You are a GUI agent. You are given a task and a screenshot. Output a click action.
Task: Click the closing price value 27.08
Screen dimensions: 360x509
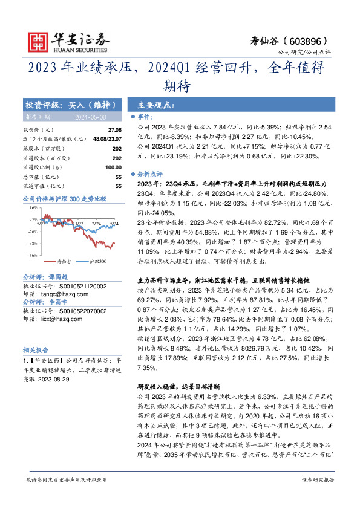click(114, 130)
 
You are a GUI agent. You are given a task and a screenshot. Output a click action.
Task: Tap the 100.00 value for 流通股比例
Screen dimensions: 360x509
click(113, 167)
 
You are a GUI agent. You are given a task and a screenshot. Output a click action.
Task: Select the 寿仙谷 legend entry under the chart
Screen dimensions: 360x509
click(64, 261)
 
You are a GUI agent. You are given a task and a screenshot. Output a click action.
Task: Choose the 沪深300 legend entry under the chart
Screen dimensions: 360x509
click(98, 261)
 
